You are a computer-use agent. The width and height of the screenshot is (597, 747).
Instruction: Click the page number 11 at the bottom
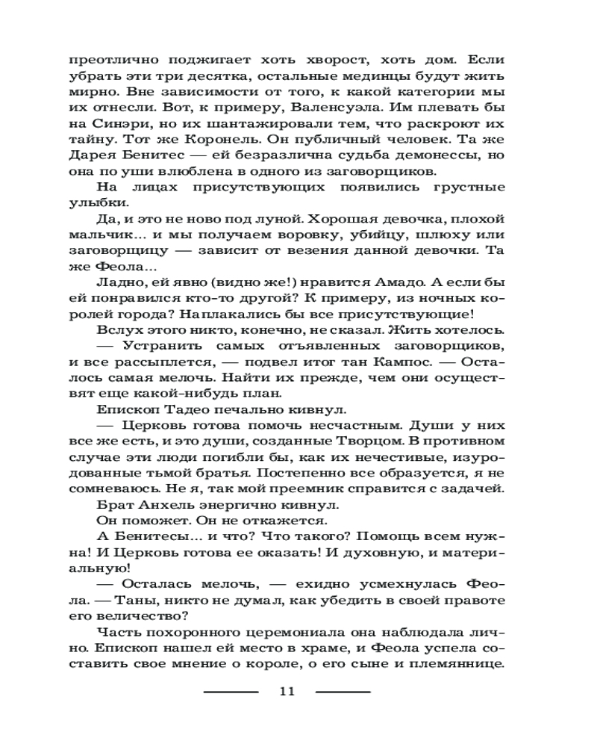pyautogui.click(x=287, y=691)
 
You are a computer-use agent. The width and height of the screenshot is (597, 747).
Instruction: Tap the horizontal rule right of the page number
pyautogui.click(x=343, y=692)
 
